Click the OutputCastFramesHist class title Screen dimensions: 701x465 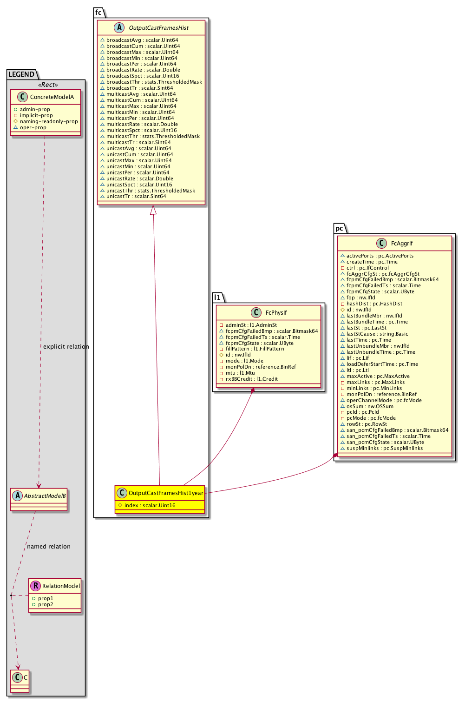pyautogui.click(x=158, y=28)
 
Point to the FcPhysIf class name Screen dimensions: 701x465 pyautogui.click(x=276, y=313)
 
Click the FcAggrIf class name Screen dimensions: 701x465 pyautogui.click(x=401, y=244)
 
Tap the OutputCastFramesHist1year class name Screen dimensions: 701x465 pyautogui.click(x=166, y=493)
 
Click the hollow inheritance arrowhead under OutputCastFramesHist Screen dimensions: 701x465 pyautogui.click(x=153, y=210)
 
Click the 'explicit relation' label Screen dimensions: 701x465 pyautogui.click(x=66, y=347)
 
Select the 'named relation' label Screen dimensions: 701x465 pyautogui.click(x=49, y=547)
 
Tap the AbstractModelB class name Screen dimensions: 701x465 pyautogui.click(x=45, y=496)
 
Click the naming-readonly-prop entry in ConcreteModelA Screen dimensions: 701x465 pyautogui.click(x=49, y=122)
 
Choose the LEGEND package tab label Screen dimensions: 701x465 pyautogui.click(x=21, y=74)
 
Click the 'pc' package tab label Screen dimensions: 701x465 pyautogui.click(x=339, y=228)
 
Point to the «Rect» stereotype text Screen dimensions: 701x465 pyautogui.click(x=48, y=85)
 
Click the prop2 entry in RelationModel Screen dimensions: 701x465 pyautogui.click(x=46, y=605)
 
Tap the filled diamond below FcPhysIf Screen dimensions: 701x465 pyautogui.click(x=252, y=390)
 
